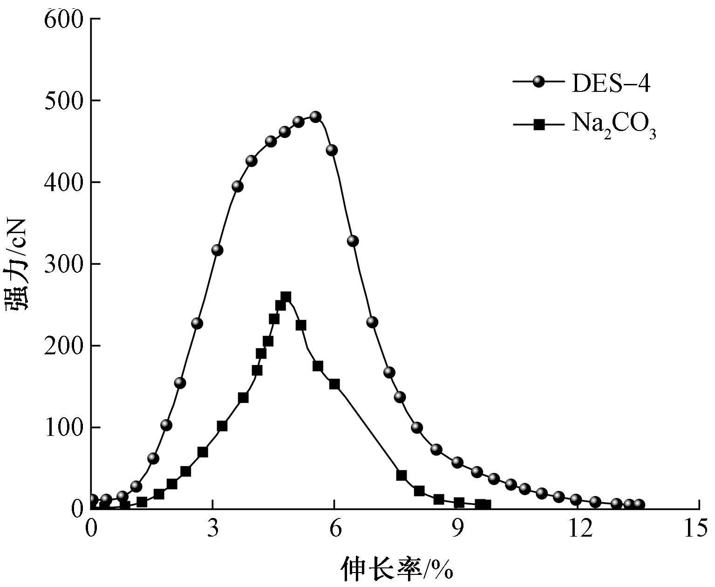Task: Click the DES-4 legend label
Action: [x=611, y=84]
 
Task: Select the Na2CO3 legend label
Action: [x=613, y=125]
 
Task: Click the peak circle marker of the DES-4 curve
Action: [x=315, y=117]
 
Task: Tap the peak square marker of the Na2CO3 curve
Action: [x=286, y=297]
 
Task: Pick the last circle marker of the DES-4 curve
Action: [x=639, y=504]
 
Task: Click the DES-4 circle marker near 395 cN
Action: [x=238, y=186]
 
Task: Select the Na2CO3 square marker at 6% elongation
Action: [x=334, y=384]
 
